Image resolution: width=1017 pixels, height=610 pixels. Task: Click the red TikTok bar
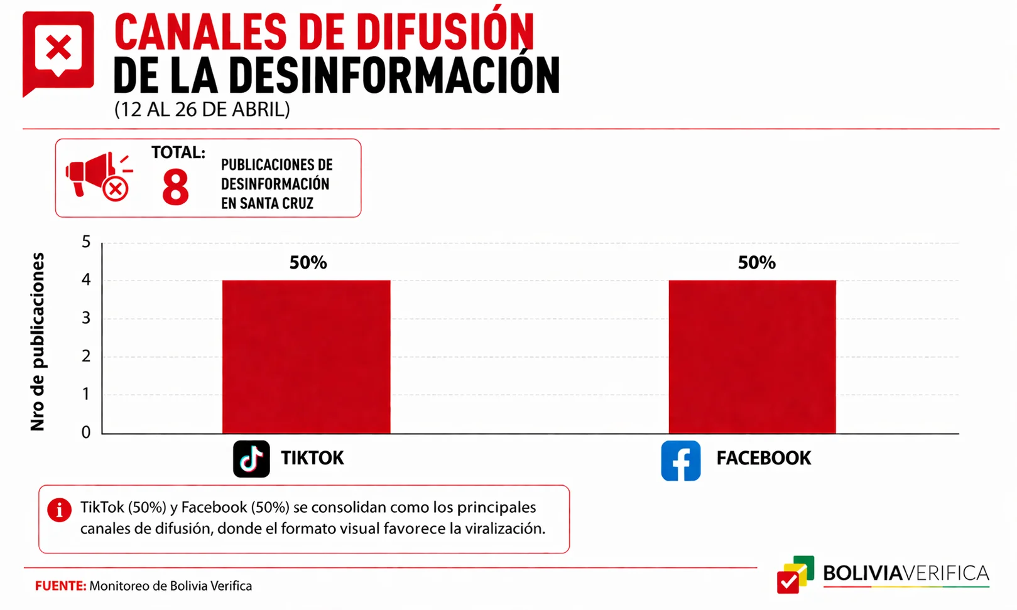pos(306,356)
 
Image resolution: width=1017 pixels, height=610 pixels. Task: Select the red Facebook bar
pos(752,356)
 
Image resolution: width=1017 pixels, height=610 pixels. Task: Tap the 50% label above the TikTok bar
pos(308,262)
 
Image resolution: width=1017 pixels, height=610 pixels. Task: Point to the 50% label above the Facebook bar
pos(756,262)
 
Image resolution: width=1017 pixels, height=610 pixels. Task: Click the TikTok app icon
pos(251,459)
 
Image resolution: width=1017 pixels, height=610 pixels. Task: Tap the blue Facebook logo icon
pos(680,461)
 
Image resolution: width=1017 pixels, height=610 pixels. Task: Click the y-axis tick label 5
pos(86,242)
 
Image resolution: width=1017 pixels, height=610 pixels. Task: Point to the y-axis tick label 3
pos(86,318)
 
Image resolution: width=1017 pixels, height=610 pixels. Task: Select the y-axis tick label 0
pos(86,432)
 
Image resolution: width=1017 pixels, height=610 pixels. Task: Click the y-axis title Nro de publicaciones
pos(37,341)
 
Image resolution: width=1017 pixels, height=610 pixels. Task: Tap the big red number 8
pos(175,187)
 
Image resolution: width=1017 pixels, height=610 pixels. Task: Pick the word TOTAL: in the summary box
pos(178,153)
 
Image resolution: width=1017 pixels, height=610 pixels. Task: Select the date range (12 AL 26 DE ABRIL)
pos(202,109)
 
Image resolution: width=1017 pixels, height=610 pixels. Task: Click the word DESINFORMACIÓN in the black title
pos(394,75)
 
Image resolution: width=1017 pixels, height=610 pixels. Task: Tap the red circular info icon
pos(60,510)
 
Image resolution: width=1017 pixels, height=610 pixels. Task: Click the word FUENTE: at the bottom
pos(60,586)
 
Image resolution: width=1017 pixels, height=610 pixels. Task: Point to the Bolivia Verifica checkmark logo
pos(795,575)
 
